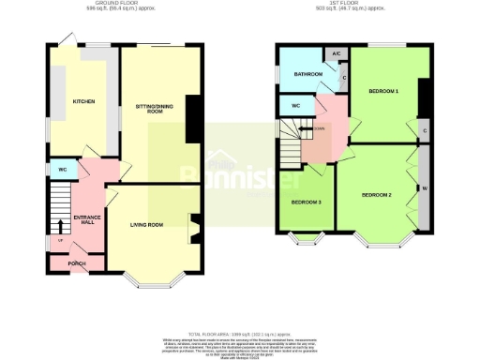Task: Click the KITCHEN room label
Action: pyautogui.click(x=78, y=101)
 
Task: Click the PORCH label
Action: pyautogui.click(x=78, y=265)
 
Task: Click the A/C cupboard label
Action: pyautogui.click(x=337, y=53)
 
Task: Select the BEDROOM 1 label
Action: pyautogui.click(x=383, y=91)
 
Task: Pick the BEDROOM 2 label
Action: pyautogui.click(x=376, y=194)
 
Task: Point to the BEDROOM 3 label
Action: pyautogui.click(x=305, y=202)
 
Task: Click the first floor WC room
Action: pyautogui.click(x=295, y=105)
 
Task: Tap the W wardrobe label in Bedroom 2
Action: pyautogui.click(x=425, y=189)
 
